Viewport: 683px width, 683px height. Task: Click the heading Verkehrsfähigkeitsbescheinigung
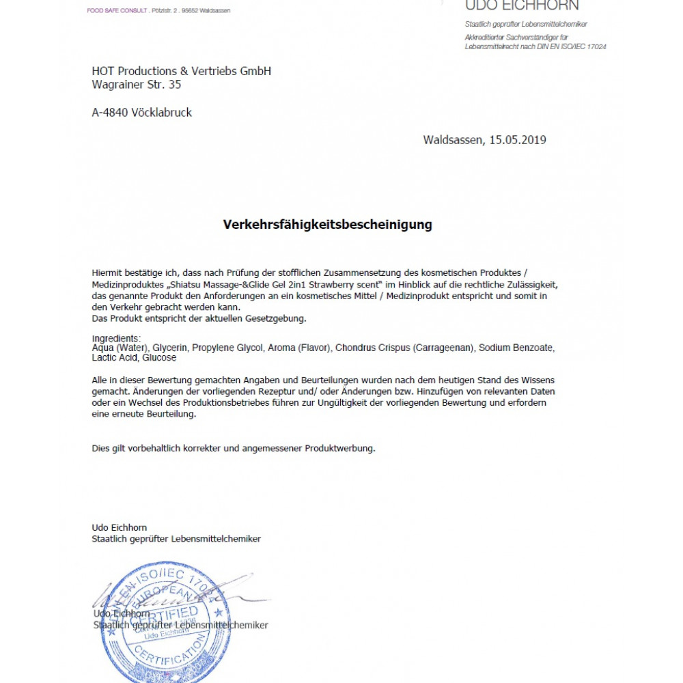(x=327, y=224)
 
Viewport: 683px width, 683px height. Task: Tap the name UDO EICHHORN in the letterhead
(x=522, y=6)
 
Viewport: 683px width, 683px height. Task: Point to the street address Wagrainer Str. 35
(x=136, y=85)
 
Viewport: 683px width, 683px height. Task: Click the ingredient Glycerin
(x=170, y=348)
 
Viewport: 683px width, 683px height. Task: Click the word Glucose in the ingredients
(x=159, y=357)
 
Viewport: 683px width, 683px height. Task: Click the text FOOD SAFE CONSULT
(x=117, y=10)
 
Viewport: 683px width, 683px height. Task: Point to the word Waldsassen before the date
(x=454, y=140)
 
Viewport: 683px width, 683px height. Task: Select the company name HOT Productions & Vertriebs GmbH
(x=181, y=71)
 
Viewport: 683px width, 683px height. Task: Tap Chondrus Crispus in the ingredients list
(x=372, y=348)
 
